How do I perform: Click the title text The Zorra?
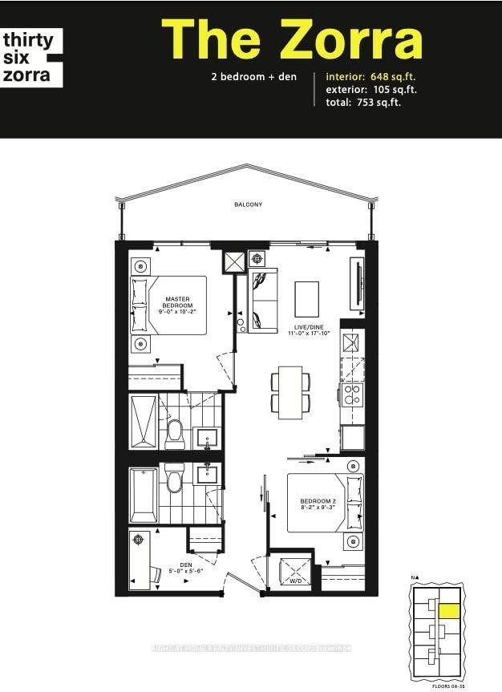click(292, 40)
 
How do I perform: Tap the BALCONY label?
click(249, 204)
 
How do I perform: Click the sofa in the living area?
click(263, 301)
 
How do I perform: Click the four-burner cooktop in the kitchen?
click(352, 395)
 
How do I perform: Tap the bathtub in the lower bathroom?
click(144, 495)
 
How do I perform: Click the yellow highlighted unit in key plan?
click(450, 613)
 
